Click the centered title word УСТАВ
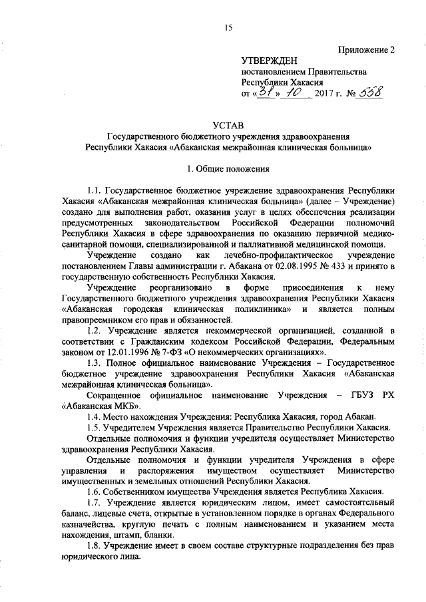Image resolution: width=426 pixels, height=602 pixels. pos(228,125)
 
